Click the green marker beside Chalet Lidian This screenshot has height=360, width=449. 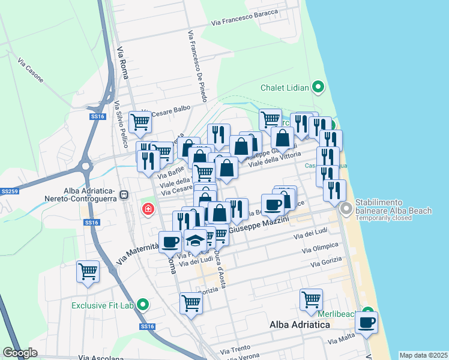319,88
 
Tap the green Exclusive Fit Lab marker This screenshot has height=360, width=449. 142,305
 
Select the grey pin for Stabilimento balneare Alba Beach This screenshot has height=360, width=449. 346,209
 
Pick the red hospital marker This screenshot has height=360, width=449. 147,209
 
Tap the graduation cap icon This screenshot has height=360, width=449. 194,241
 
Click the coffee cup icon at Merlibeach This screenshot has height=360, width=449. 366,322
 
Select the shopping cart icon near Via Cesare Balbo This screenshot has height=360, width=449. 140,122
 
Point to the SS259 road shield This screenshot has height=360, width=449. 9,191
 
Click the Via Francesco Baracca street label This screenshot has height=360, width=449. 244,17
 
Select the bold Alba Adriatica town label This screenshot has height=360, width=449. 300,325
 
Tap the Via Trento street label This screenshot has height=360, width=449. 235,349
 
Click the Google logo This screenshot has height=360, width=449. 20,353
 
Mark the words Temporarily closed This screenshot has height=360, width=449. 384,218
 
